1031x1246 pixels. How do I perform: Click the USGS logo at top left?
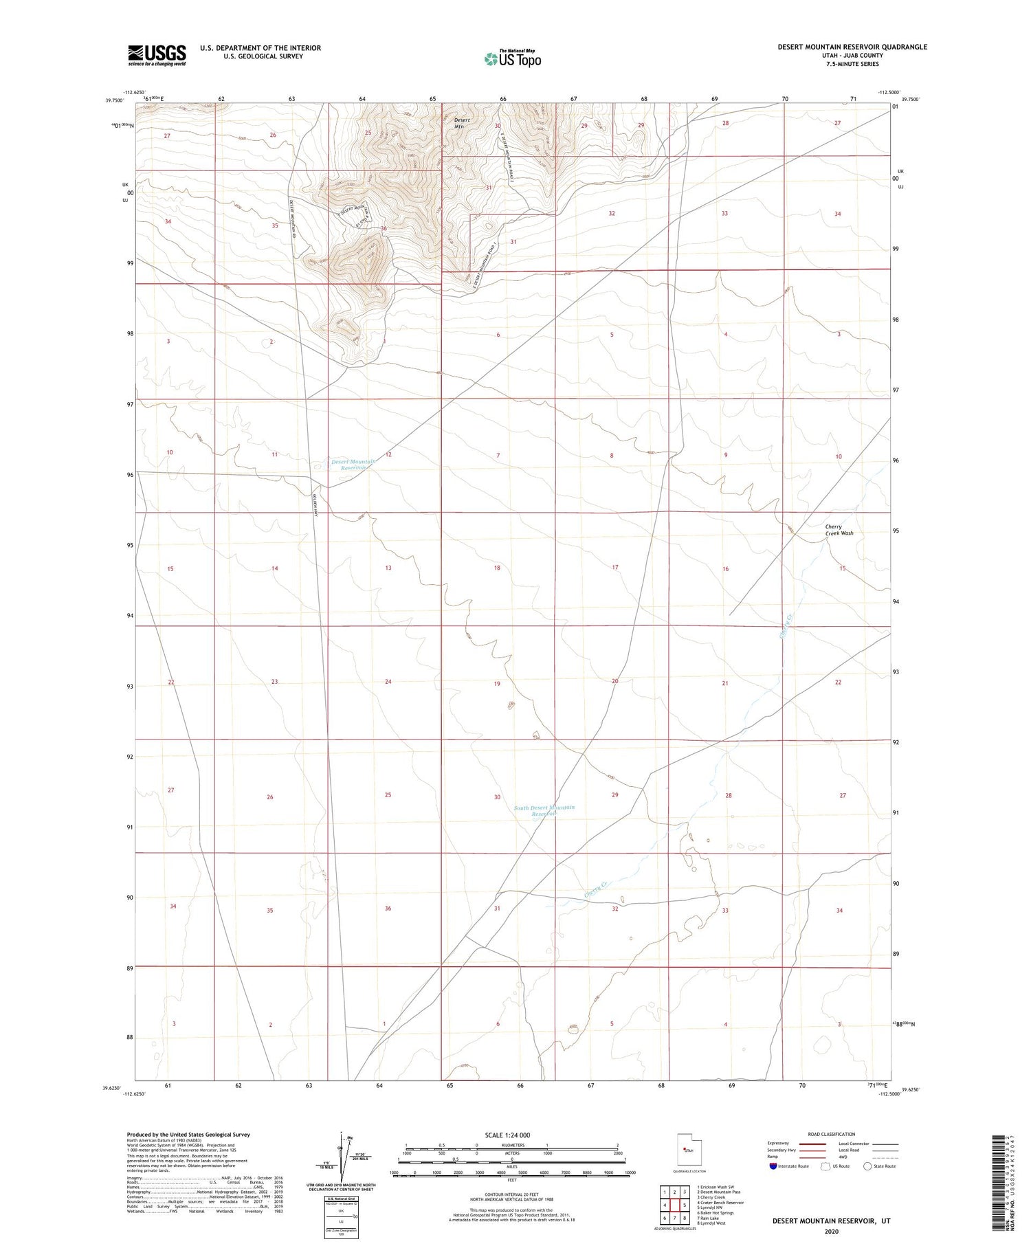pyautogui.click(x=157, y=55)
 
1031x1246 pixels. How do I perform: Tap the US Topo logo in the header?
pyautogui.click(x=513, y=58)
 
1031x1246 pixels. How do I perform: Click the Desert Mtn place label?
pyautogui.click(x=462, y=123)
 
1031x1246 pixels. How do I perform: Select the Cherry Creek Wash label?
pyautogui.click(x=839, y=530)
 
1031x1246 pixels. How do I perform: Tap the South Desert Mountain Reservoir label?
pyautogui.click(x=544, y=810)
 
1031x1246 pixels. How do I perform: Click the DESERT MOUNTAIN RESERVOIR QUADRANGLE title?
pyautogui.click(x=852, y=47)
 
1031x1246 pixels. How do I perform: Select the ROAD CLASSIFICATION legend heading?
pyautogui.click(x=832, y=1134)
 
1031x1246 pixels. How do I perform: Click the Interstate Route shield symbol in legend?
pyautogui.click(x=773, y=1166)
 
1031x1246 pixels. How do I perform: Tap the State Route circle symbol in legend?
pyautogui.click(x=867, y=1166)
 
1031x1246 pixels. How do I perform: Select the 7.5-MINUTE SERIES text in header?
pyautogui.click(x=852, y=64)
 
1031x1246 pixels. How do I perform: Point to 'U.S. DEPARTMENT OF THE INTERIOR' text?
pyautogui.click(x=260, y=48)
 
